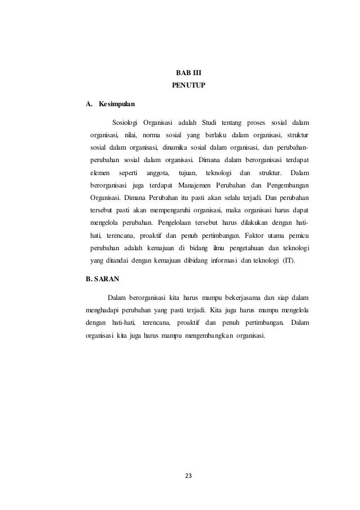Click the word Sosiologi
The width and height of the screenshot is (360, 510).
click(x=125, y=122)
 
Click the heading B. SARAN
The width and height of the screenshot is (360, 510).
click(x=101, y=278)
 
